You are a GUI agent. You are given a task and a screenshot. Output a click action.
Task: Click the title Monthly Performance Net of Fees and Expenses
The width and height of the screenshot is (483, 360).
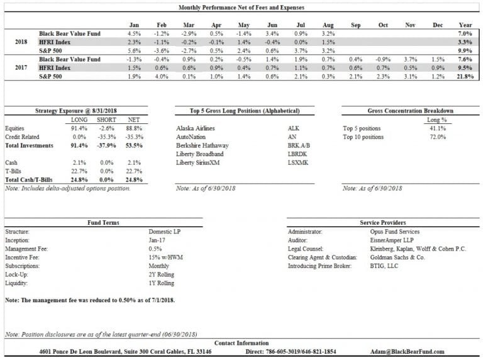(x=241, y=8)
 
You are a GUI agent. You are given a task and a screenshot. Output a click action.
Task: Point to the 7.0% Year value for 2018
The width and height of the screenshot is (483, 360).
(x=465, y=33)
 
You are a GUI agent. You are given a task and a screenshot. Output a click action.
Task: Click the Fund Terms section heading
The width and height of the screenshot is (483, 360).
(x=103, y=222)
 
